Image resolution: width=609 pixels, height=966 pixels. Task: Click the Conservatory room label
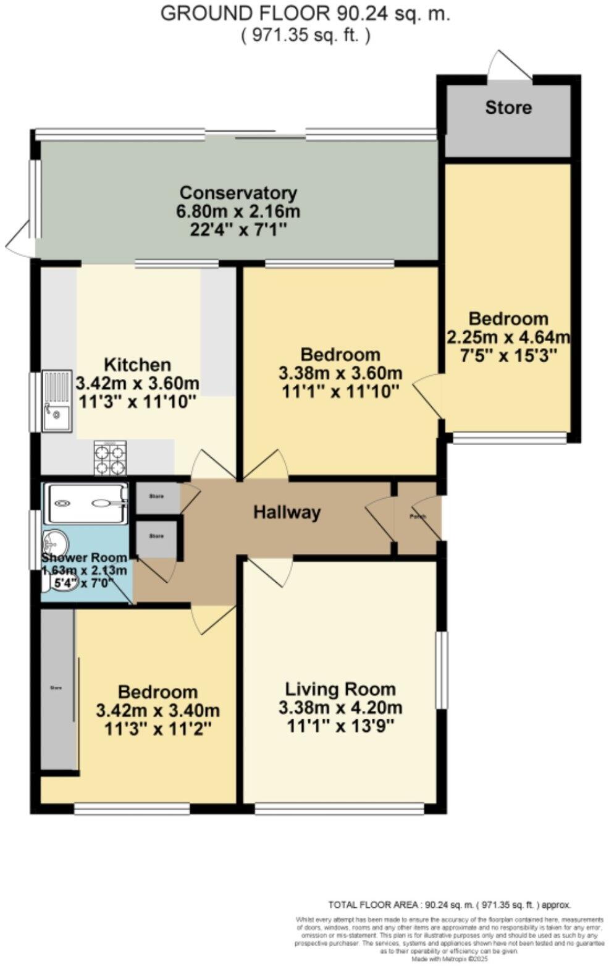tap(238, 193)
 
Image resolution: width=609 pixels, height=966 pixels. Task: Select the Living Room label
tap(340, 688)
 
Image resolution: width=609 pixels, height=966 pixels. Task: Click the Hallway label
tap(287, 512)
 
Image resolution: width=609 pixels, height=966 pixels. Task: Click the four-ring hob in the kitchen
tap(110, 458)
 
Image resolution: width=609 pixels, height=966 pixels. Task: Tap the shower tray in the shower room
tap(86, 502)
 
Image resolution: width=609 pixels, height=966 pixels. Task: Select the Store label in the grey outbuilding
tap(508, 108)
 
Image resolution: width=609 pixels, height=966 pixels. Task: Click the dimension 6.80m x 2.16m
tap(238, 211)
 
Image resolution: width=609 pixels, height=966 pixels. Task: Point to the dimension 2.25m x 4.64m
tap(508, 337)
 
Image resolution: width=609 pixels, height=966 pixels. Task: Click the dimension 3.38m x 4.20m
tap(340, 707)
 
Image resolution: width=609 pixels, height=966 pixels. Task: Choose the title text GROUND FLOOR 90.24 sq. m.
tap(305, 14)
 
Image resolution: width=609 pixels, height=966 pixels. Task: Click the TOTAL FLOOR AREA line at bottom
tap(449, 904)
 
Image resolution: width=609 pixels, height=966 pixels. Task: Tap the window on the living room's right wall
tap(441, 670)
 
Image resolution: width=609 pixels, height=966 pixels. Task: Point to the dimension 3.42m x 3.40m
tap(157, 711)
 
